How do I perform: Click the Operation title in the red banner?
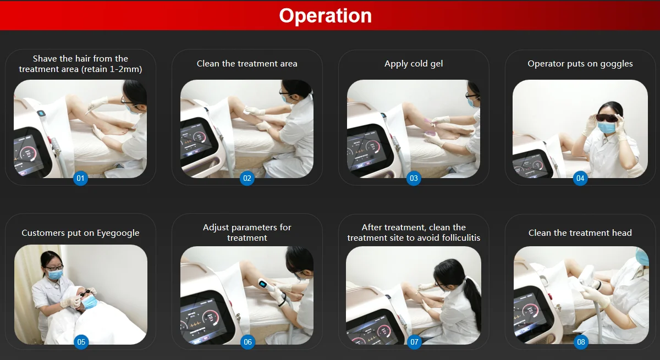tap(325, 15)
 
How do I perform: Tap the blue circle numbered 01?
tap(80, 178)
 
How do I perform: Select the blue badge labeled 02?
tap(247, 178)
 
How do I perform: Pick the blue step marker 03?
tap(414, 178)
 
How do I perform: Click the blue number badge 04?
tap(580, 178)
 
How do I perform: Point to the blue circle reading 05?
tap(81, 342)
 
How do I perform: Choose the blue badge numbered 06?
tap(248, 342)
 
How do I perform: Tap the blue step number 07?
tap(414, 342)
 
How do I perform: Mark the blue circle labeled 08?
tap(581, 342)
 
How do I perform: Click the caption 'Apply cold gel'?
tap(414, 64)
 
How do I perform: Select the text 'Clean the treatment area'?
tap(247, 64)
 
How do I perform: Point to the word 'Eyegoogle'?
tap(118, 233)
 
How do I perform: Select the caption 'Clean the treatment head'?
tap(580, 233)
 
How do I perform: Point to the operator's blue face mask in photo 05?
tap(55, 274)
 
